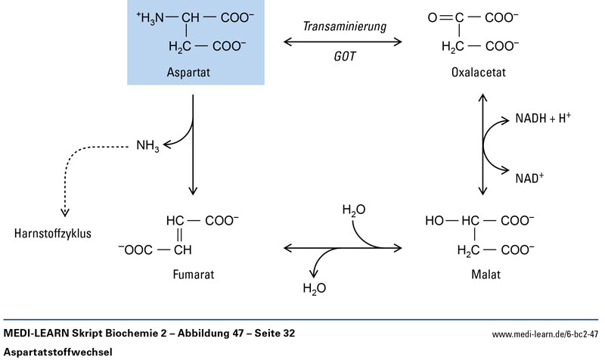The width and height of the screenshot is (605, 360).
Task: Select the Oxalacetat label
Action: [x=478, y=73]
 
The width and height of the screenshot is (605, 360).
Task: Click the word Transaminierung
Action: [x=344, y=26]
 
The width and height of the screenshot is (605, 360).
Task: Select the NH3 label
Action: [x=147, y=144]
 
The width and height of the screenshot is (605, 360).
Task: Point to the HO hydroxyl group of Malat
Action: [x=436, y=221]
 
